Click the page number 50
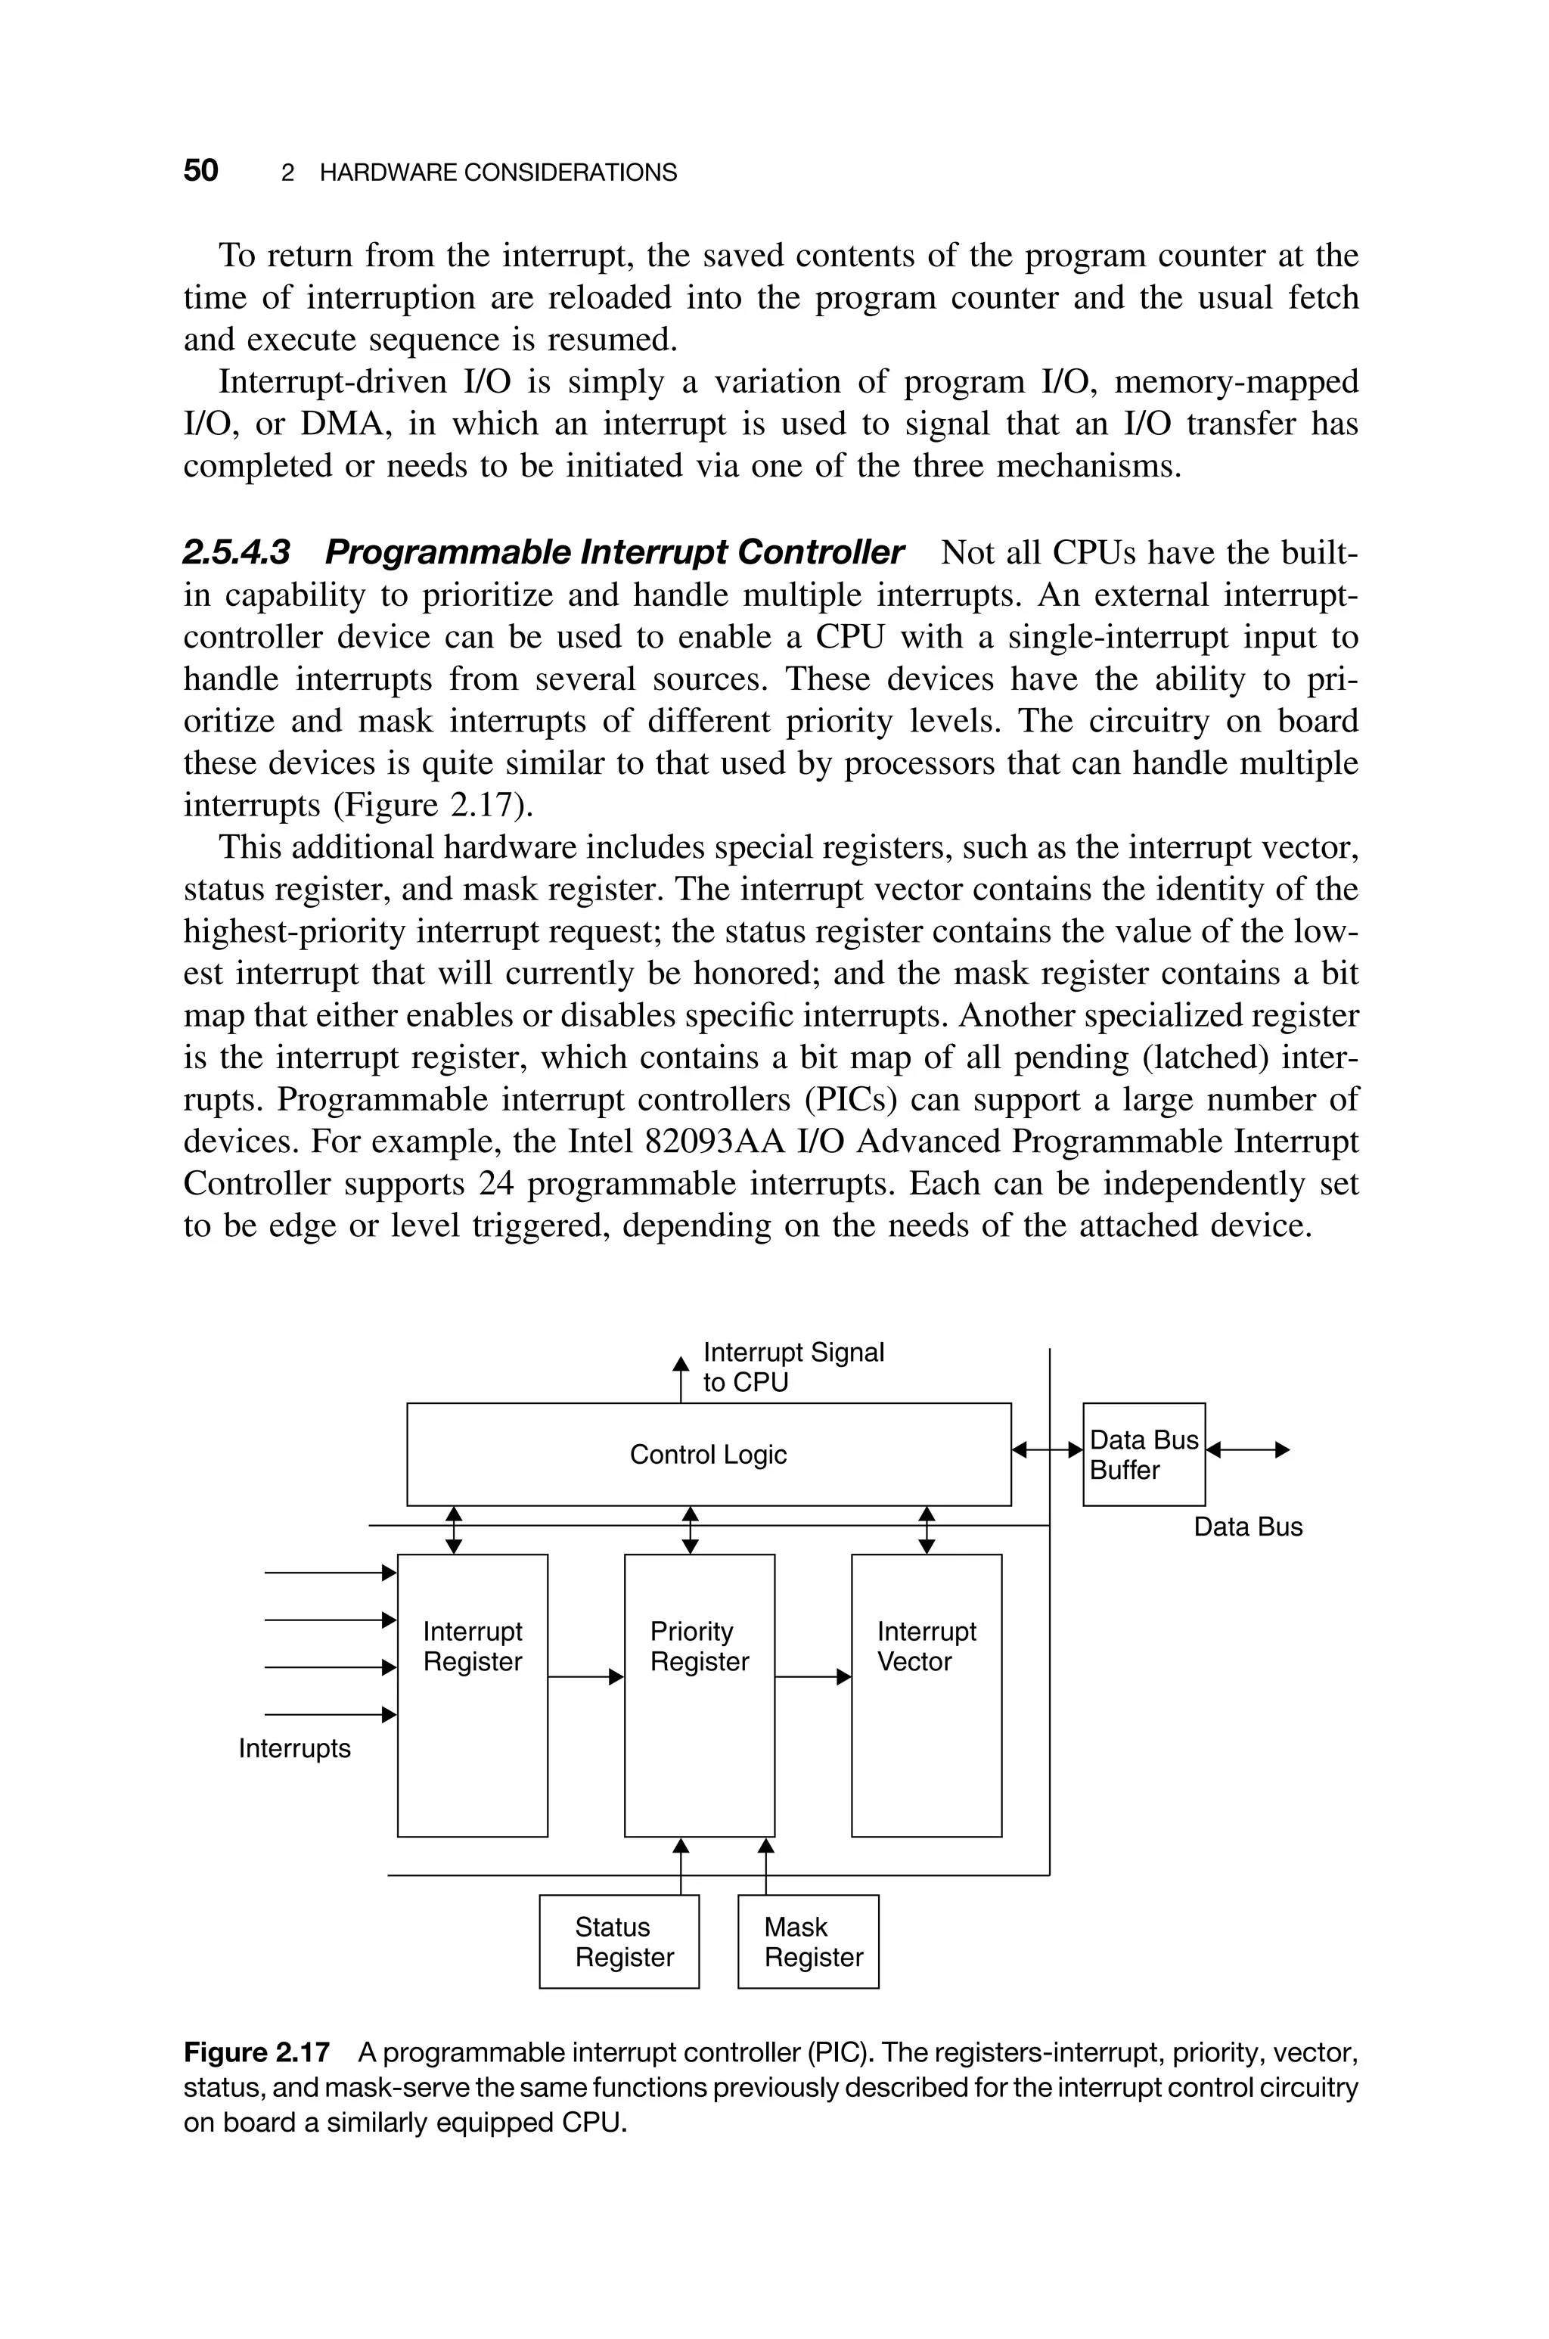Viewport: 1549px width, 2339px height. pyautogui.click(x=200, y=171)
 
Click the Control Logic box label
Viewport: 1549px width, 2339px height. pyautogui.click(x=708, y=1455)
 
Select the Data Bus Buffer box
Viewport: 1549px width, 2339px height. pyautogui.click(x=1143, y=1455)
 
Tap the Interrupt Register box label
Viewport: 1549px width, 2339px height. pyautogui.click(x=472, y=1647)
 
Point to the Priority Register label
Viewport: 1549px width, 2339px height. pyautogui.click(x=698, y=1647)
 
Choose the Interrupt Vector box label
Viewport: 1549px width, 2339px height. pyautogui.click(x=926, y=1647)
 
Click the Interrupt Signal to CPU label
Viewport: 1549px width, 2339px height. pyautogui.click(x=793, y=1367)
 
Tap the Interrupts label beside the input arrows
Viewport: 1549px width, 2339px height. pyautogui.click(x=294, y=1749)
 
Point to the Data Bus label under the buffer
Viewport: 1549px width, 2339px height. pyautogui.click(x=1248, y=1527)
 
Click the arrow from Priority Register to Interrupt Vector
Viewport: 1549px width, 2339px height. pyautogui.click(x=812, y=1677)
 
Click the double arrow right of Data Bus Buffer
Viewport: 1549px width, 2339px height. pyautogui.click(x=1249, y=1450)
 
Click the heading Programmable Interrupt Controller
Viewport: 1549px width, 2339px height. pyautogui.click(x=613, y=552)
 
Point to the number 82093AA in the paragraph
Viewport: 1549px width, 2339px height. pyautogui.click(x=707, y=1142)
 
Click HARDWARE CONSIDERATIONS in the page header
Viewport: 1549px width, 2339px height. pyautogui.click(x=498, y=173)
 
